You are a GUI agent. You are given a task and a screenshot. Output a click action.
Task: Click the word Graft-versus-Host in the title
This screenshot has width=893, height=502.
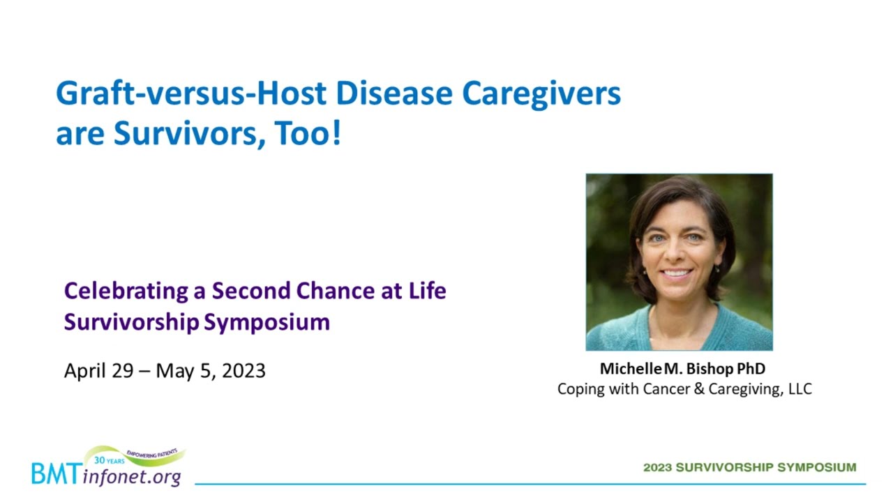coord(191,93)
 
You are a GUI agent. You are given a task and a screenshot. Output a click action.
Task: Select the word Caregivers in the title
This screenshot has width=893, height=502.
coord(541,95)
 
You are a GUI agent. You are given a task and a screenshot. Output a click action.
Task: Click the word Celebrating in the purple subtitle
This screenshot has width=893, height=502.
coord(126,291)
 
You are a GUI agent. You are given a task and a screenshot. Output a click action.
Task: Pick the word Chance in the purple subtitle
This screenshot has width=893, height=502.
coord(336,291)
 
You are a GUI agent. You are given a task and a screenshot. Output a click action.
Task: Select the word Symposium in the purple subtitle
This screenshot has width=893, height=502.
coord(267,323)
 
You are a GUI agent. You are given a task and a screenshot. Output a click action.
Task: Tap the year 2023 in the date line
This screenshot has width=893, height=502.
coord(243,371)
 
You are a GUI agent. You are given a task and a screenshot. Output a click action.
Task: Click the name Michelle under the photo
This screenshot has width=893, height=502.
coord(631,369)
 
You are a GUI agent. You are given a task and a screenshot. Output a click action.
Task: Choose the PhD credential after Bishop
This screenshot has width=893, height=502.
coord(751,369)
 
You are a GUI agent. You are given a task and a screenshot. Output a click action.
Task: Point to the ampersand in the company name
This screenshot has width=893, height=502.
coord(699,389)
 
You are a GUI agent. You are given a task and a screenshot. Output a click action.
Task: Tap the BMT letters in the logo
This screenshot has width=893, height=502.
coord(57,473)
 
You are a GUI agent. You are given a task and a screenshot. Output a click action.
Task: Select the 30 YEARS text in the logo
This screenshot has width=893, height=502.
coord(110,461)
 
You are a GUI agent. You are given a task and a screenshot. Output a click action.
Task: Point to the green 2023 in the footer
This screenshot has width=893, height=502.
coord(658,467)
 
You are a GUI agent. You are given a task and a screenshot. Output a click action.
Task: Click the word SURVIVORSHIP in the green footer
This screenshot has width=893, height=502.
coord(725,467)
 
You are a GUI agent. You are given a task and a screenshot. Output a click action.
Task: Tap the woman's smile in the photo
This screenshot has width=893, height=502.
coord(676,274)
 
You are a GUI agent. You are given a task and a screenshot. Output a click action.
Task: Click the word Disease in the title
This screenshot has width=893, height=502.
coord(394,93)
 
